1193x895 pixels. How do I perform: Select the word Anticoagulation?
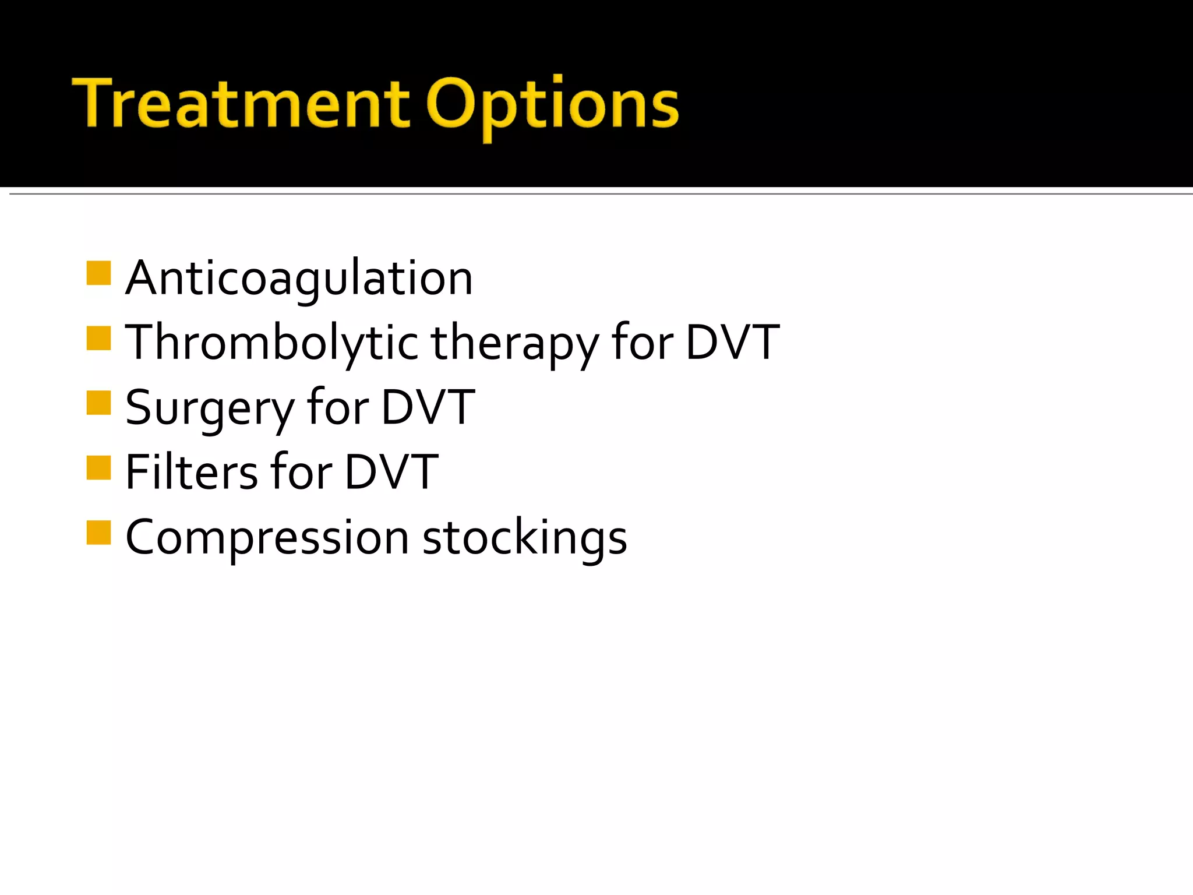click(299, 279)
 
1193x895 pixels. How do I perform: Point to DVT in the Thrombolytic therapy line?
click(732, 342)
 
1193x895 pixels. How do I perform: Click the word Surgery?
click(210, 408)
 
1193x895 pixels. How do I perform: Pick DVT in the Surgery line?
click(428, 407)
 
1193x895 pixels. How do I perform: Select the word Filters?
click(192, 472)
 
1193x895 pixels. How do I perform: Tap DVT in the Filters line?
click(391, 471)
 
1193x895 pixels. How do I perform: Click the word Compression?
click(267, 538)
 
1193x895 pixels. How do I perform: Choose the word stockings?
click(524, 537)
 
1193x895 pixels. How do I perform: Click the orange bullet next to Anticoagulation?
click(98, 273)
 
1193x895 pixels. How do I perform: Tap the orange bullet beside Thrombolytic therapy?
click(98, 338)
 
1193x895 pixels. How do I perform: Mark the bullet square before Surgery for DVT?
click(98, 403)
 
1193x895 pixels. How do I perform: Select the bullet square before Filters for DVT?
click(98, 467)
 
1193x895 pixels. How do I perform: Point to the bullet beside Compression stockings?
click(98, 533)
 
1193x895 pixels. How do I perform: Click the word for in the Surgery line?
click(337, 407)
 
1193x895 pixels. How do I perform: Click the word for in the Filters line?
click(301, 471)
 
